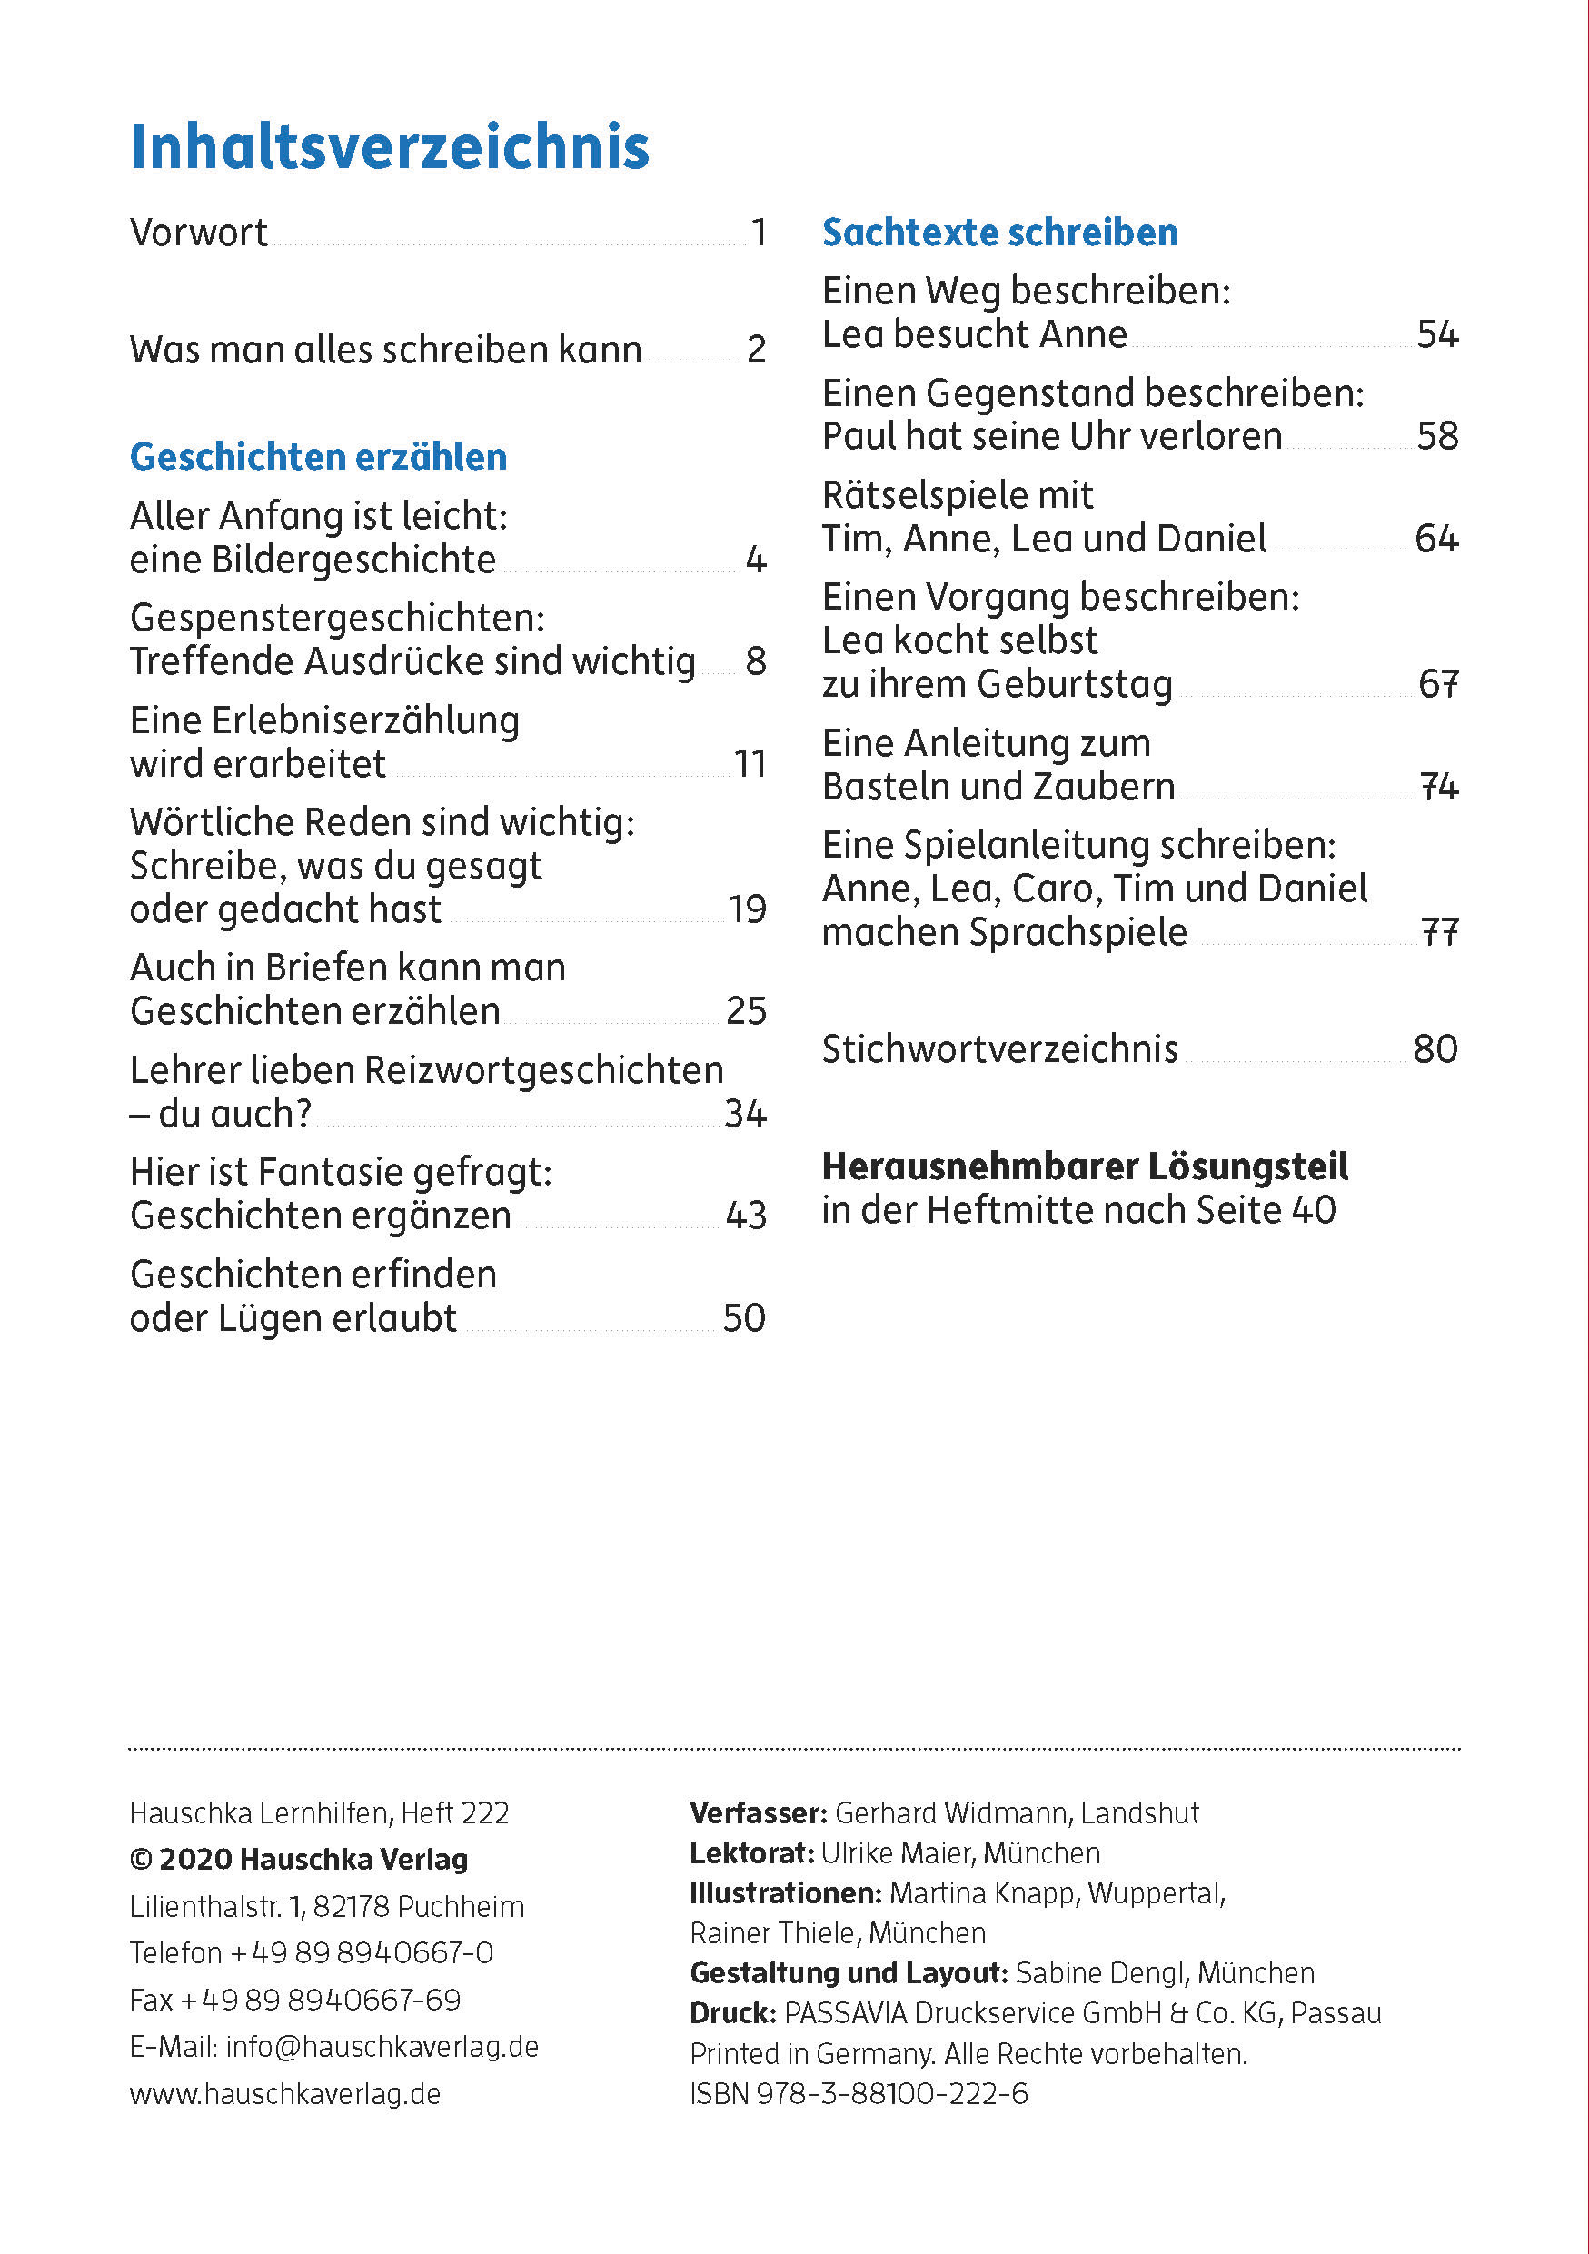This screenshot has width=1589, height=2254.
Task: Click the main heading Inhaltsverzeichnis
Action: [390, 147]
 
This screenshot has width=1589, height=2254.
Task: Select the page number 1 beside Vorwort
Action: [758, 233]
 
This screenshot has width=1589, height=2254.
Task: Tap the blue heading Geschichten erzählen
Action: [318, 458]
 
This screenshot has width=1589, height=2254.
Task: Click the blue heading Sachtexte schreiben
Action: [1000, 233]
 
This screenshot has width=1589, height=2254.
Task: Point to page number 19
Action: [747, 909]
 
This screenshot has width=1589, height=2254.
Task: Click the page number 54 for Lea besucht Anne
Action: [1437, 334]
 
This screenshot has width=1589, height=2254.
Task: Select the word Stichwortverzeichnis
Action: [999, 1049]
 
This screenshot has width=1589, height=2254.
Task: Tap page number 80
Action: [1435, 1049]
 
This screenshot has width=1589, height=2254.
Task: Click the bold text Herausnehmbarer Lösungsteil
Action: [1085, 1167]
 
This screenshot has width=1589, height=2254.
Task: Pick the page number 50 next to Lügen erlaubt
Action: [744, 1318]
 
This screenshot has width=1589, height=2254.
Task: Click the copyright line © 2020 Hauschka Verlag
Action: [299, 1860]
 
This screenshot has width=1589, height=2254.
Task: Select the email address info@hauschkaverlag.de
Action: [382, 2047]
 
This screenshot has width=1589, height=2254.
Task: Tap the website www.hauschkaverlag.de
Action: [284, 2094]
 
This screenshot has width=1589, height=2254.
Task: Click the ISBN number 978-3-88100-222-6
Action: [891, 2094]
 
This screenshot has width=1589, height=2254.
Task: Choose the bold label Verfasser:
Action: [759, 1813]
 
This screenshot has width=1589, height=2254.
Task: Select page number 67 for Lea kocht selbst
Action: [1438, 684]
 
